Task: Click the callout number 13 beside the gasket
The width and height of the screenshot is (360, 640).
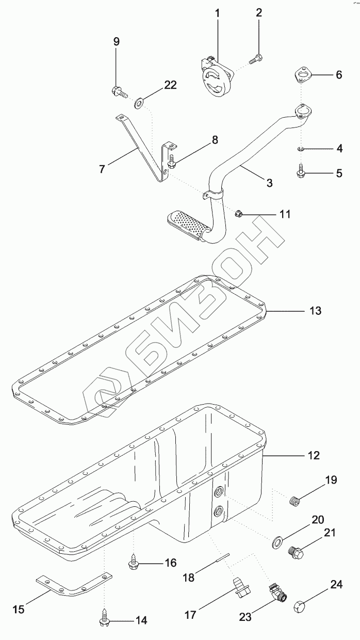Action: coord(315,311)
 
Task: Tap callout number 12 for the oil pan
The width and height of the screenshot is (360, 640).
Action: coord(314,455)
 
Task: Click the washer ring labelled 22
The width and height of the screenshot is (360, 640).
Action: coord(139,103)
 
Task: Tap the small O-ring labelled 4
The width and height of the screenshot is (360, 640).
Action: coord(301,149)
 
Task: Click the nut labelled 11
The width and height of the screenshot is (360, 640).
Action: coord(238,213)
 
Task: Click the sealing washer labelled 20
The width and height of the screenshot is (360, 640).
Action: coord(276,541)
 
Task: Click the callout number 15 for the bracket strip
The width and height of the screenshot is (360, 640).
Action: coord(18,610)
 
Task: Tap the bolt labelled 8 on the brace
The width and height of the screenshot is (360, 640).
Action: coord(173,163)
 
